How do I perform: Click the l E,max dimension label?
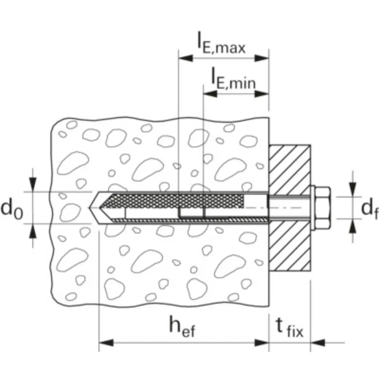221,44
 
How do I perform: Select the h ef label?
182,327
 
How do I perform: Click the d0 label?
12,208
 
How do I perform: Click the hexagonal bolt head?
323,208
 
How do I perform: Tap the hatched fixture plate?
290,208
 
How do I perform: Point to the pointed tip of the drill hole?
89,208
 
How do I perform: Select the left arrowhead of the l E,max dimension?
186,58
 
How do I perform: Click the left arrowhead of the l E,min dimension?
210,94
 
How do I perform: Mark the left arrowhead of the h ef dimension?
106,343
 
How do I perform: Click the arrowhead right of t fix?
318,343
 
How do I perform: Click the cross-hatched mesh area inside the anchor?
174,200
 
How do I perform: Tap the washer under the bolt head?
313,208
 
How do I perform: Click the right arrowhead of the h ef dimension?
262,343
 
